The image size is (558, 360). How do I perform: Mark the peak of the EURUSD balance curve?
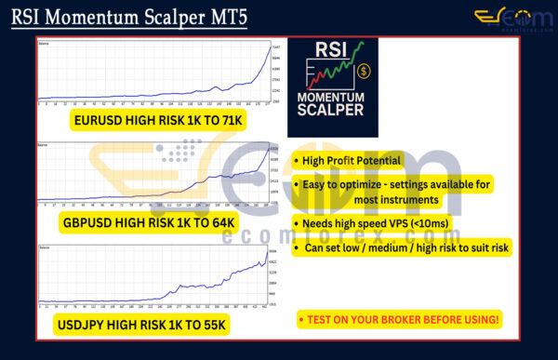[x=270, y=47]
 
